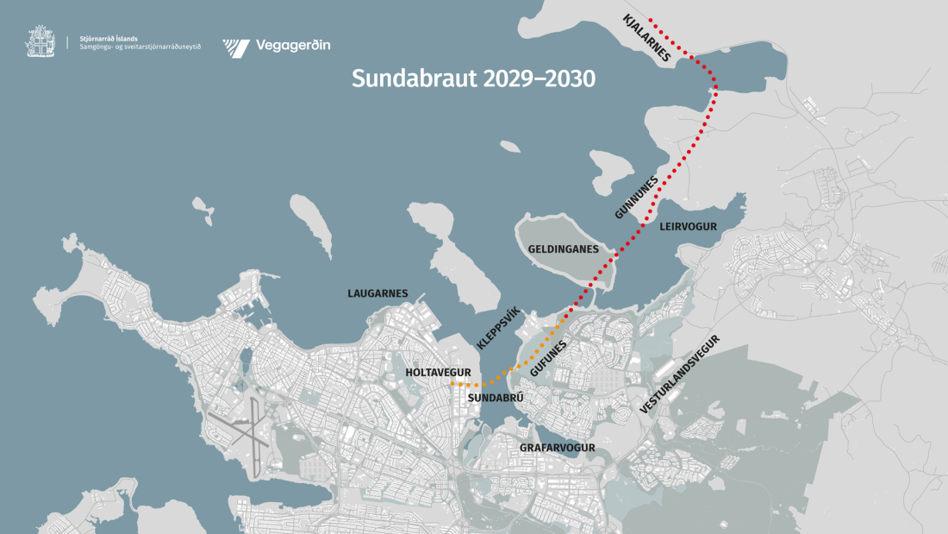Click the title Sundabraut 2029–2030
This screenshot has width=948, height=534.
473,79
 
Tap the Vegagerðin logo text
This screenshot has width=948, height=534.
293,46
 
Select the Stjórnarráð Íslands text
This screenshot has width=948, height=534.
108,38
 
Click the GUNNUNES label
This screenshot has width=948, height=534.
637,198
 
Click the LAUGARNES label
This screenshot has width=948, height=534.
377,293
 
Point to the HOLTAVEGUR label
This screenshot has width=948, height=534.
438,373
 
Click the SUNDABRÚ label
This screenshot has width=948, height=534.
496,399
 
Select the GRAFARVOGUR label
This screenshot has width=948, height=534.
558,448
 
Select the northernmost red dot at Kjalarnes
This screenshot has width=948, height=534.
651,19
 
